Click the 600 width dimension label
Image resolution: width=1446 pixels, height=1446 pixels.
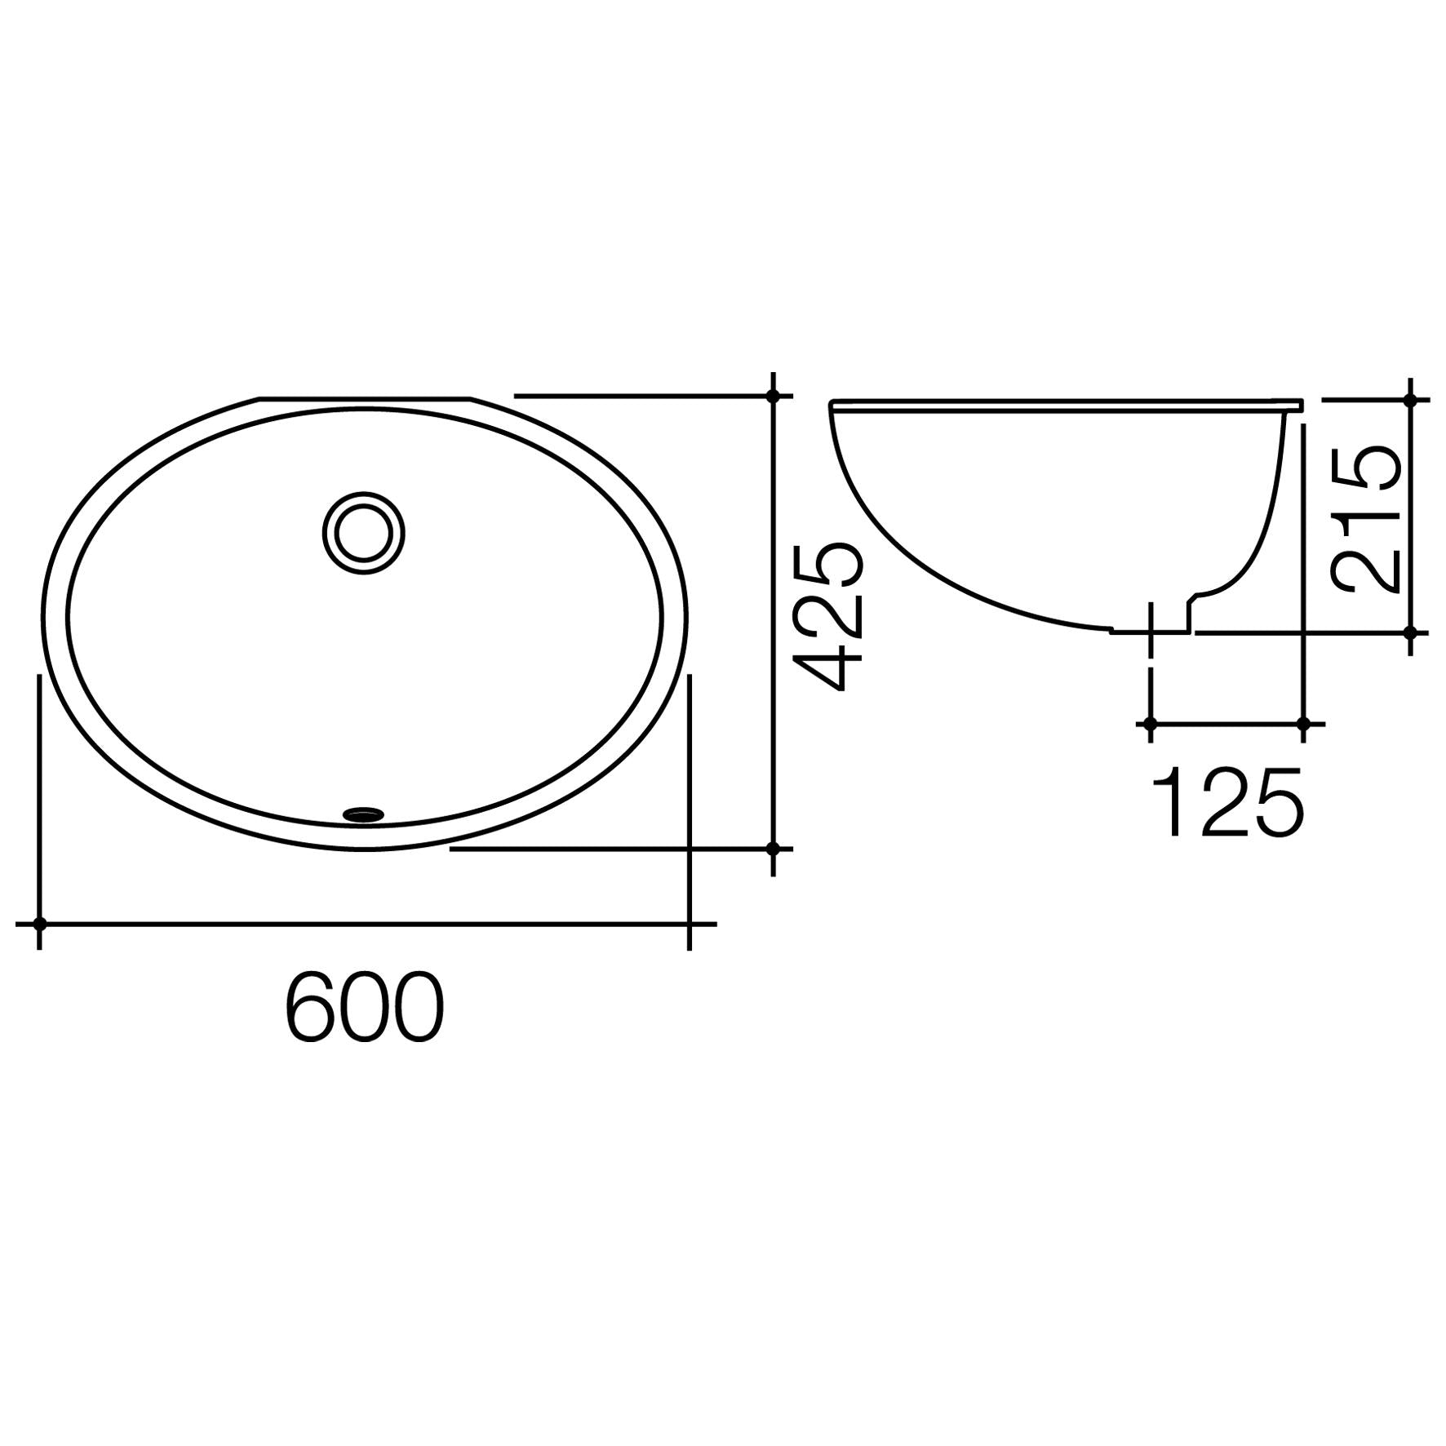365,1006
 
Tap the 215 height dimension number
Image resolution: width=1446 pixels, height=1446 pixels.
1365,518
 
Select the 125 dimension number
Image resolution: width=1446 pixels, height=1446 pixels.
1228,803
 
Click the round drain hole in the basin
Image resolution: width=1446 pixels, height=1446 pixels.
363,533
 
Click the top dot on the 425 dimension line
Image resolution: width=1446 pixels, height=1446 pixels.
773,396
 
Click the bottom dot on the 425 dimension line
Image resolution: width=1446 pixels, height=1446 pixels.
773,849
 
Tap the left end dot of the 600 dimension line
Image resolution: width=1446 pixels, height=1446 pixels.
39,924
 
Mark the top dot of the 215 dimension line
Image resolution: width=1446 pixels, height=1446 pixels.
1411,400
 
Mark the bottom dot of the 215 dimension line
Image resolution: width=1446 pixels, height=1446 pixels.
1411,632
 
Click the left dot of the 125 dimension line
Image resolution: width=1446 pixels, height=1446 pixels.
1150,724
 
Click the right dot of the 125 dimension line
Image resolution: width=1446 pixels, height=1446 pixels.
1303,724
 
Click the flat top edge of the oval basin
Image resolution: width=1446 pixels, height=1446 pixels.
365,399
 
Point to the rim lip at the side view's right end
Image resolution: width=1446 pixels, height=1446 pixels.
1297,405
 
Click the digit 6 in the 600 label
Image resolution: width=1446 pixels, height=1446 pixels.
311,1006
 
